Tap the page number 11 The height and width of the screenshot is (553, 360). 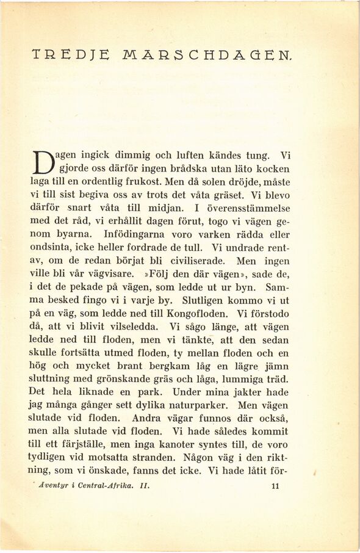tap(273, 486)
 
